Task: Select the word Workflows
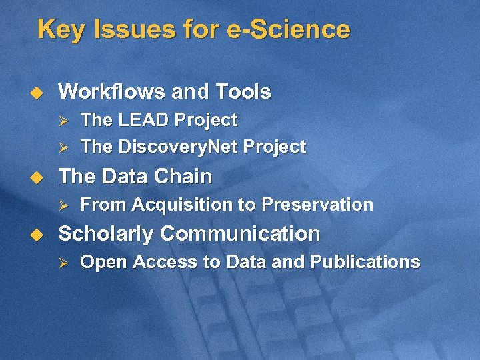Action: [110, 91]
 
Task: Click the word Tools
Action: [243, 91]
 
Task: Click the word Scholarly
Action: [107, 234]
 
